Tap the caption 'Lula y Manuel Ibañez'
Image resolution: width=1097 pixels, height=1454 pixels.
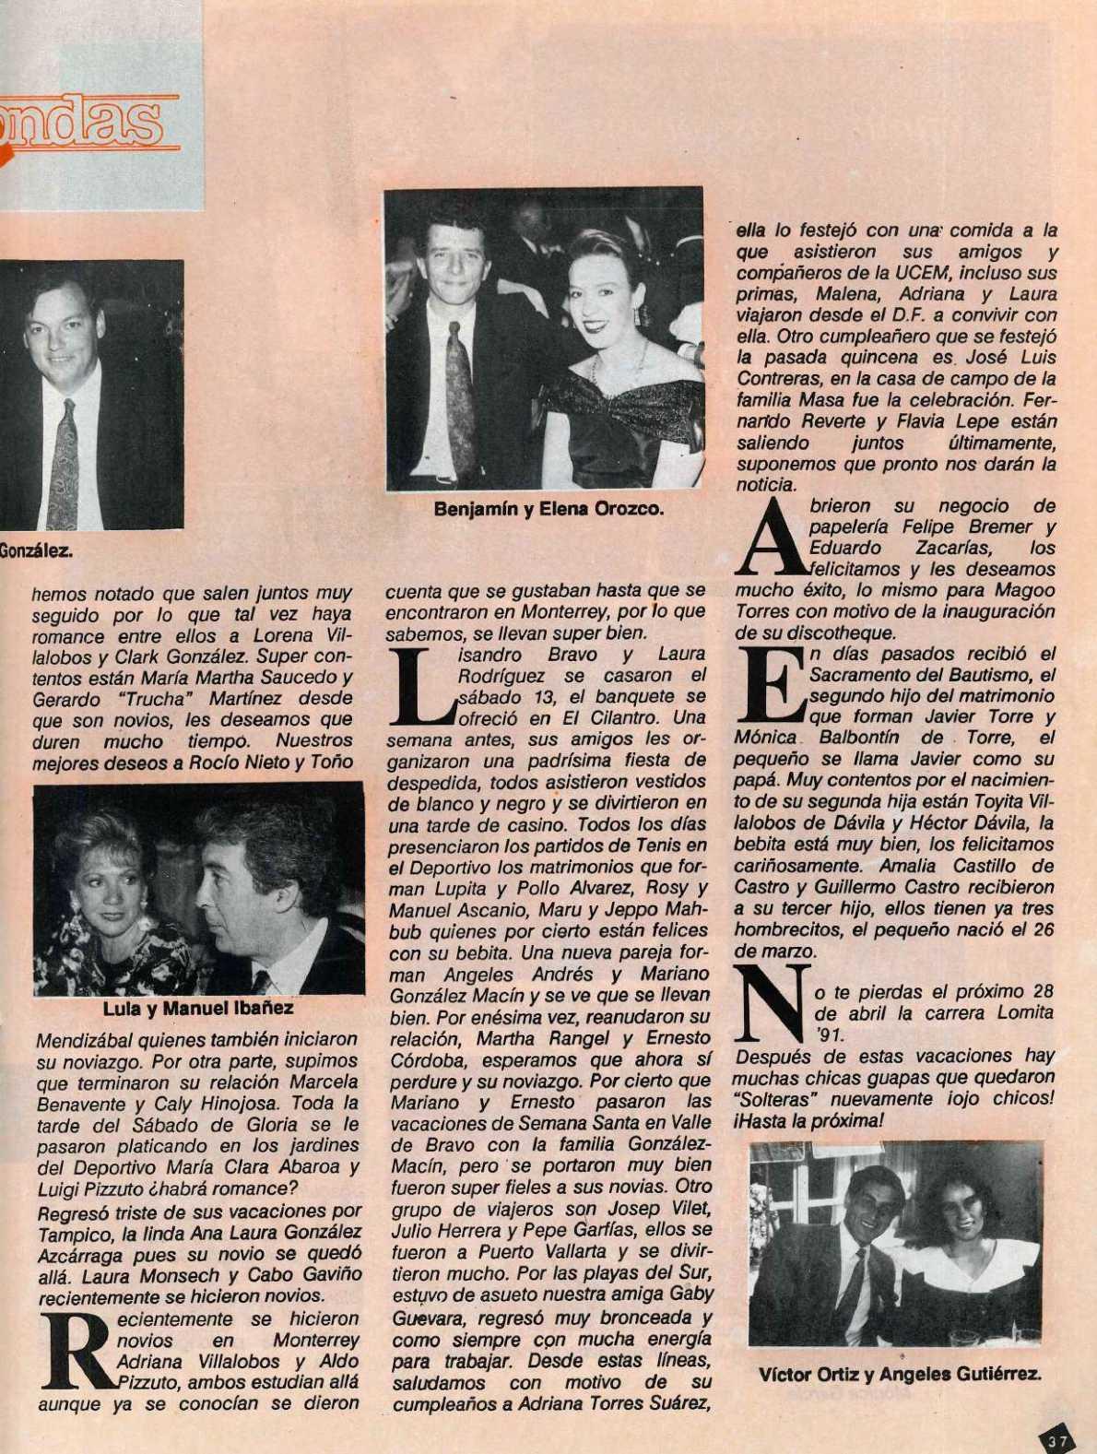tap(198, 1010)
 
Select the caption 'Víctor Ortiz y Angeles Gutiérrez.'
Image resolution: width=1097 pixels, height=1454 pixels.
tap(900, 1375)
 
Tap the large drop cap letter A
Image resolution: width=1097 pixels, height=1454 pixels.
tap(770, 538)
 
